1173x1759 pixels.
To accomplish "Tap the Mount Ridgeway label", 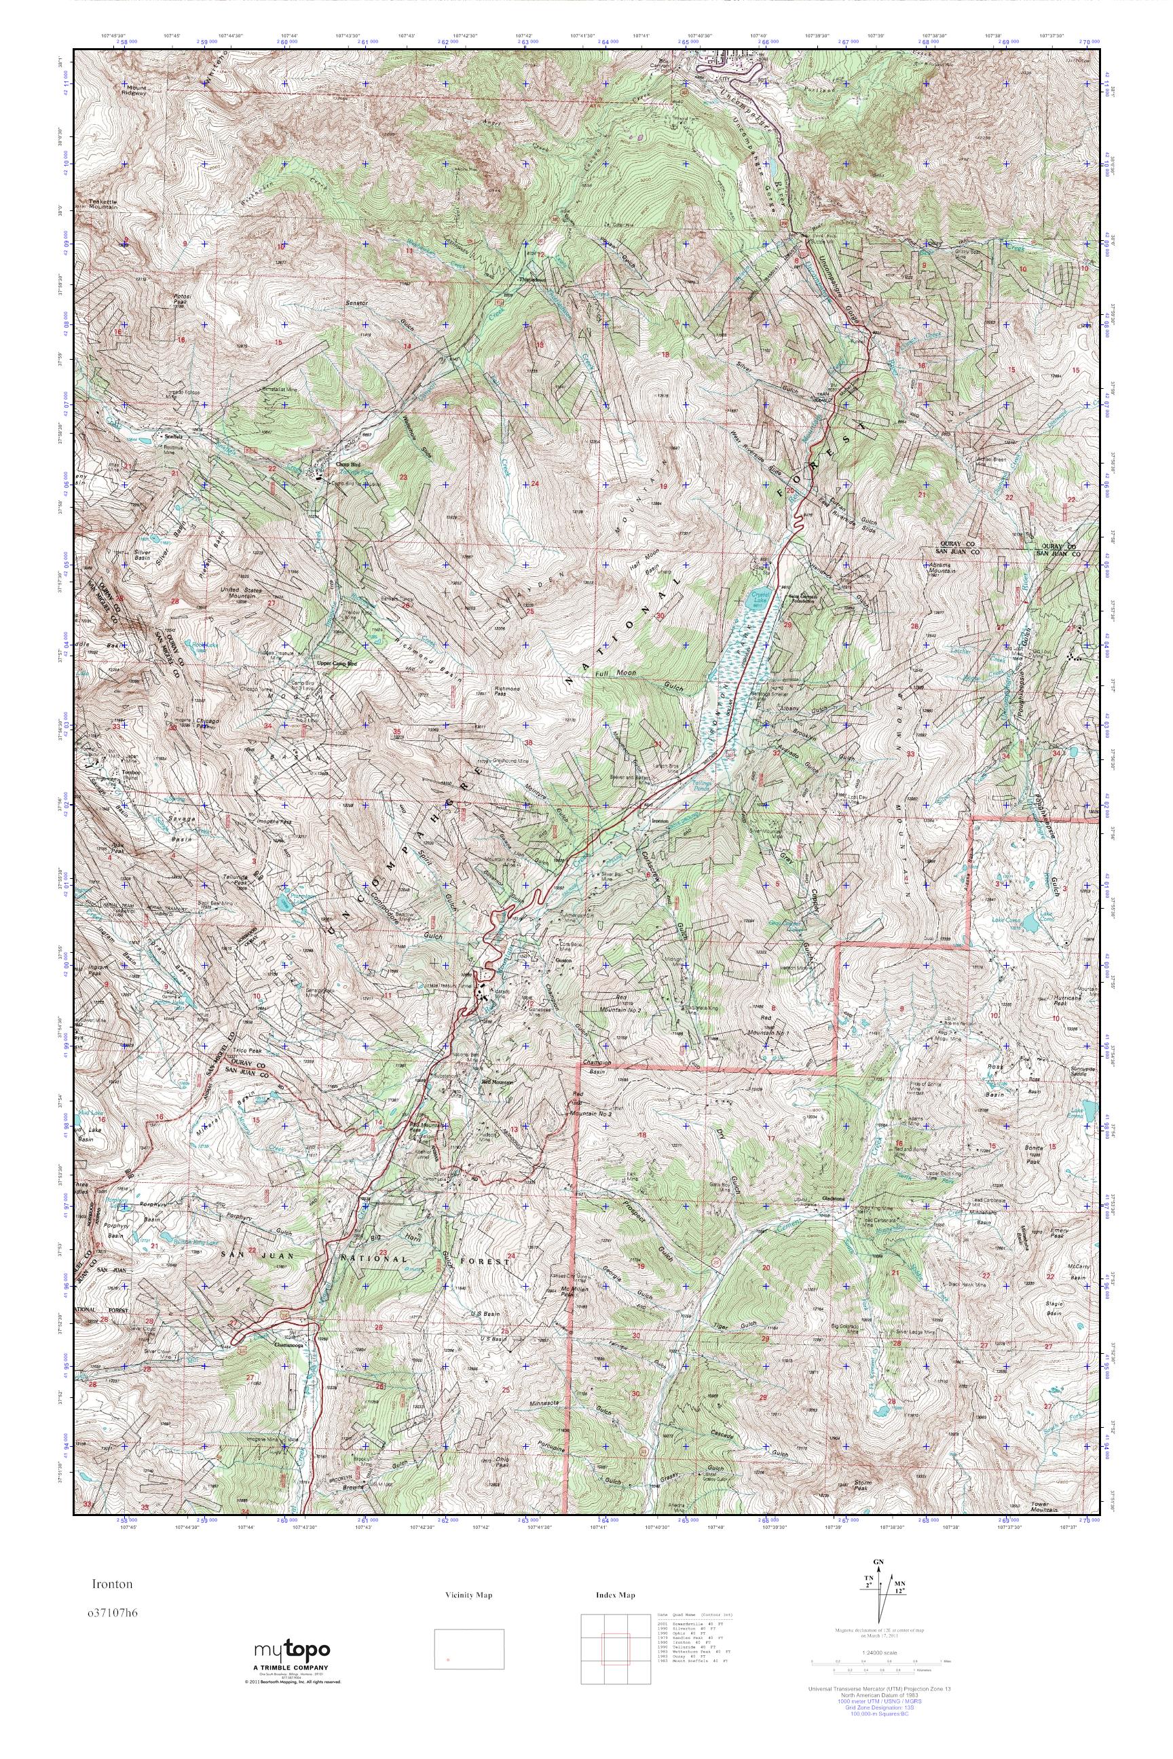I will [131, 90].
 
